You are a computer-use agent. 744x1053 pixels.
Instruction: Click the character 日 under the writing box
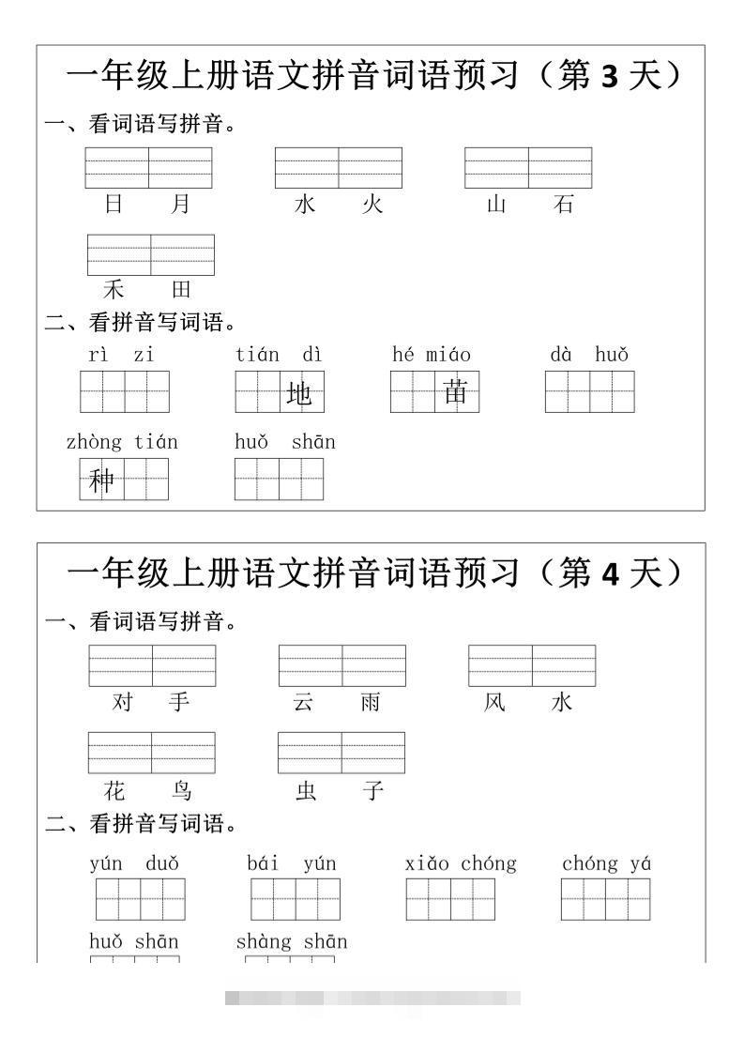(114, 204)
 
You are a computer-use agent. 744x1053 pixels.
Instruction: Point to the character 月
(181, 204)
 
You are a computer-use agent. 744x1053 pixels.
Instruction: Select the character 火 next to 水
(372, 204)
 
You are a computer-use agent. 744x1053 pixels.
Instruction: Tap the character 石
(563, 204)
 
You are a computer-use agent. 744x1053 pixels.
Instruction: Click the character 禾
(114, 289)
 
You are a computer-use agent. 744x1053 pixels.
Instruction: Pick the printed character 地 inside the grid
(298, 394)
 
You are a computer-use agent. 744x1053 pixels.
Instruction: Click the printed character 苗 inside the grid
(456, 392)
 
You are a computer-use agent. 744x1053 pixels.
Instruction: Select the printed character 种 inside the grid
(100, 481)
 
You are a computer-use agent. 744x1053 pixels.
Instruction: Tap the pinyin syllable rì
(99, 355)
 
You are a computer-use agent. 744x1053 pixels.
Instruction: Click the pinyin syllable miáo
(448, 355)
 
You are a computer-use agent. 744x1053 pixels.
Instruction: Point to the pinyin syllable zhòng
(94, 442)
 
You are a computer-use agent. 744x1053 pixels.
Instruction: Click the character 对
(123, 702)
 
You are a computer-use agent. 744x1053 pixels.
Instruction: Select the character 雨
(371, 702)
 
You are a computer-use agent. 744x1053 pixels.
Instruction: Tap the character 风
(494, 702)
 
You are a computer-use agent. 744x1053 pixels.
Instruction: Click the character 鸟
(182, 790)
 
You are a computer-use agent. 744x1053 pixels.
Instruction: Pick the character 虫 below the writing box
(306, 790)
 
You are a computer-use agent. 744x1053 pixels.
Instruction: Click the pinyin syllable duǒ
(162, 863)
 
